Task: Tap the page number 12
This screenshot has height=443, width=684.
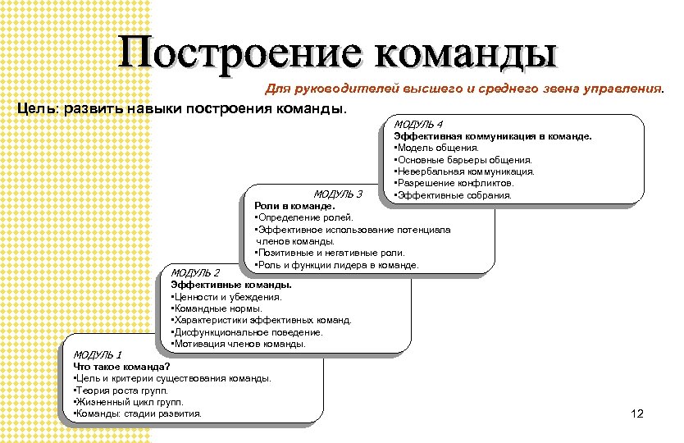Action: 639,415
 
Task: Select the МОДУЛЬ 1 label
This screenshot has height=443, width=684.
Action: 98,354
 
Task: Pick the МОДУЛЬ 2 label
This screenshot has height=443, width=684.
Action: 195,272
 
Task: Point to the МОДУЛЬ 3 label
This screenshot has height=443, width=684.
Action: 338,194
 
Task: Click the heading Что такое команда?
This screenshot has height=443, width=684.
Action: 122,366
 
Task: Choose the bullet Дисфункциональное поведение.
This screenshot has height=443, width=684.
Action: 245,332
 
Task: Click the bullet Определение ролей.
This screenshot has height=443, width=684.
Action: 303,217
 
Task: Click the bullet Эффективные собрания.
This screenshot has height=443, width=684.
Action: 453,195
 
